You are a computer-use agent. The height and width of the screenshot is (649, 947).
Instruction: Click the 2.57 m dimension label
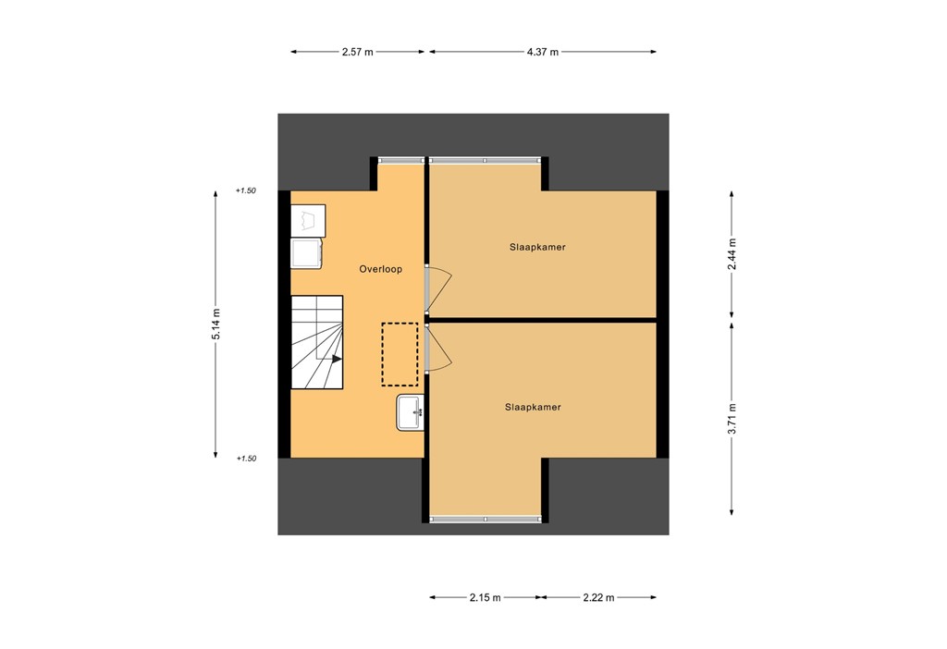[x=358, y=53]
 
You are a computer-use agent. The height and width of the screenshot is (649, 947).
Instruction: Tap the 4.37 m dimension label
[x=543, y=53]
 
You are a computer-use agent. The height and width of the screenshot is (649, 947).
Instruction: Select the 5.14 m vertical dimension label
[x=215, y=324]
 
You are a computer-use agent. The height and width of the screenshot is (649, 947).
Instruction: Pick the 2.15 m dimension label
[x=485, y=598]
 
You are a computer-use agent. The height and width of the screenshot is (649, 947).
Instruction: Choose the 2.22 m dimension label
[x=598, y=598]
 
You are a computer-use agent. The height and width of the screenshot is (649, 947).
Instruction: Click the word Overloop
[x=380, y=269]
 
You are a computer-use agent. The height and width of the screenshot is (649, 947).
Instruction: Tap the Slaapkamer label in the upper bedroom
[x=536, y=248]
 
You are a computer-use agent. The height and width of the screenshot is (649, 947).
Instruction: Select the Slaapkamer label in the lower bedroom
[x=533, y=407]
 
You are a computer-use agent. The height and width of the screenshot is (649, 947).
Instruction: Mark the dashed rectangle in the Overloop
[x=400, y=354]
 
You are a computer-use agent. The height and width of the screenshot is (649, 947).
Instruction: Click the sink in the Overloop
[x=410, y=411]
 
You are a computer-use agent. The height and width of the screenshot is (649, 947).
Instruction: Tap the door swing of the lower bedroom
[x=440, y=349]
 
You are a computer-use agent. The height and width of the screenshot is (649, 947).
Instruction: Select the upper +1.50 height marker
[x=245, y=191]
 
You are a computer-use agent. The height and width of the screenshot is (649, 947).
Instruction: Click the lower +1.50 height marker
[x=245, y=459]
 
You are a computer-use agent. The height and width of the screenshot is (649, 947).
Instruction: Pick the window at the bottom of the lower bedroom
[x=485, y=520]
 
